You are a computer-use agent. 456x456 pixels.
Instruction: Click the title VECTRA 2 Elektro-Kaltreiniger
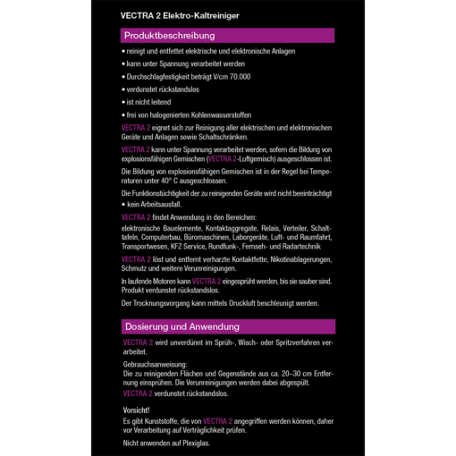[180, 15]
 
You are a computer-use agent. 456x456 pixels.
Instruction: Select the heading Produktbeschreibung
[170, 36]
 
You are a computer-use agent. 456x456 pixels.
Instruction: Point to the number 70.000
[240, 77]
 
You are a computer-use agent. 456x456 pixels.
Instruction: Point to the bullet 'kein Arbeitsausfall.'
[153, 205]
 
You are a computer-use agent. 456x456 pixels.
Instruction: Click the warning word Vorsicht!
[137, 410]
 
